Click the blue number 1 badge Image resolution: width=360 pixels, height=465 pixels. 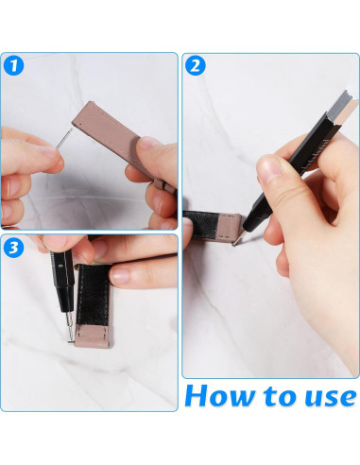14,65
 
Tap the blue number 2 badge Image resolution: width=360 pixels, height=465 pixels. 196,65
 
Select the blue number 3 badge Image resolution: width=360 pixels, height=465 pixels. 14,248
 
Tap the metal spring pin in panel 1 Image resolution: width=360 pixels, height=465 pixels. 64,138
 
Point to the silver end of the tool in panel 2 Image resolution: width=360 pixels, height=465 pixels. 346,108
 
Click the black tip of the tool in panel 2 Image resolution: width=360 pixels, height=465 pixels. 253,220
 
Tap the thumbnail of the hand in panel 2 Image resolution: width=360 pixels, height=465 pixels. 270,166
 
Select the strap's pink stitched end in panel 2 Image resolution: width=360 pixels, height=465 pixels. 231,226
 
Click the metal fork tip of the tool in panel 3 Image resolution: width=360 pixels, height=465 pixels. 70,328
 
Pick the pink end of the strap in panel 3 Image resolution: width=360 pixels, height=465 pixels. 93,336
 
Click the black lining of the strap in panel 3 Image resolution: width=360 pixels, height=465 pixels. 93,295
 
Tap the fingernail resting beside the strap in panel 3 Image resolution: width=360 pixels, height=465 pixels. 122,275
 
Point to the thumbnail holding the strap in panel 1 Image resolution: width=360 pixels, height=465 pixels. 149,143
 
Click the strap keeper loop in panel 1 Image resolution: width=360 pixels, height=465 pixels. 164,184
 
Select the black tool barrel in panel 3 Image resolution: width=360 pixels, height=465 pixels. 63,278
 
